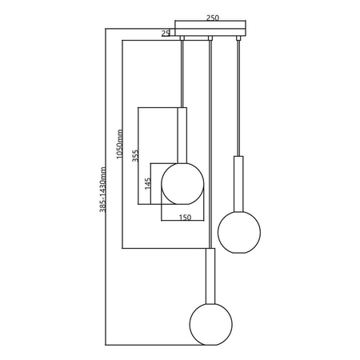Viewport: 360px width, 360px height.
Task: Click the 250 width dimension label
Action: pyautogui.click(x=212, y=15)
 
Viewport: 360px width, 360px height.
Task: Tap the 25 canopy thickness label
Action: pyautogui.click(x=166, y=33)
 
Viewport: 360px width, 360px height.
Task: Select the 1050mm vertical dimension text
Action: pyautogui.click(x=118, y=145)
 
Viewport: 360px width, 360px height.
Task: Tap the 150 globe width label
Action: pyautogui.click(x=185, y=216)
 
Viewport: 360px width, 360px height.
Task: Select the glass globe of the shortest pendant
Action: pyautogui.click(x=182, y=184)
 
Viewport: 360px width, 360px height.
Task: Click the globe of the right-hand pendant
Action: pyautogui.click(x=238, y=230)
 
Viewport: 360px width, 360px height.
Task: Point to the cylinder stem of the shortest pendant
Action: pyautogui.click(x=183, y=136)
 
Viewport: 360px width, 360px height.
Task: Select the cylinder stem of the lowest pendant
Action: pyautogui.click(x=210, y=276)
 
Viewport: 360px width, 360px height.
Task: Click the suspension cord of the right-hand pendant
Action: pyautogui.click(x=238, y=96)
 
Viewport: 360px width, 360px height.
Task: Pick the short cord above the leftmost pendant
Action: pyautogui.click(x=183, y=72)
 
